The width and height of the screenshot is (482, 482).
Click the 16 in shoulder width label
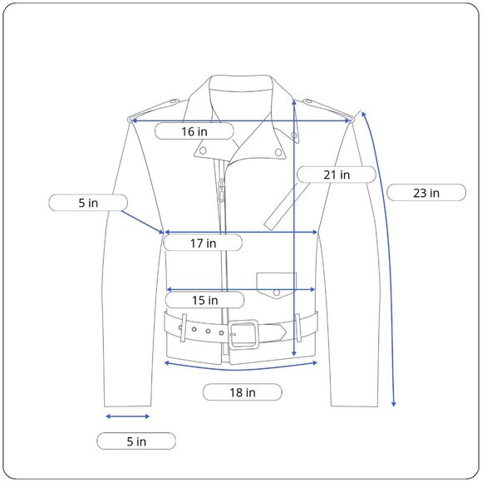click(194, 131)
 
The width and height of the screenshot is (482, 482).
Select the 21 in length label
click(337, 175)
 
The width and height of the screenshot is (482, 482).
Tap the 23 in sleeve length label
click(426, 193)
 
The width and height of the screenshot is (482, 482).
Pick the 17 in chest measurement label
click(203, 243)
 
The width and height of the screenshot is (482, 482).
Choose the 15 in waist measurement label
click(204, 300)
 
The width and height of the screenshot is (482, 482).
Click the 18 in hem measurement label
click(243, 392)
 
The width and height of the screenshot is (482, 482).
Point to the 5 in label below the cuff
click(136, 441)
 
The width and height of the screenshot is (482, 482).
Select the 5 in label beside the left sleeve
click(88, 203)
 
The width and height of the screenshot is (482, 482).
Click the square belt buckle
click(243, 334)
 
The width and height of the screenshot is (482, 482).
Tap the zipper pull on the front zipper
click(221, 190)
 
